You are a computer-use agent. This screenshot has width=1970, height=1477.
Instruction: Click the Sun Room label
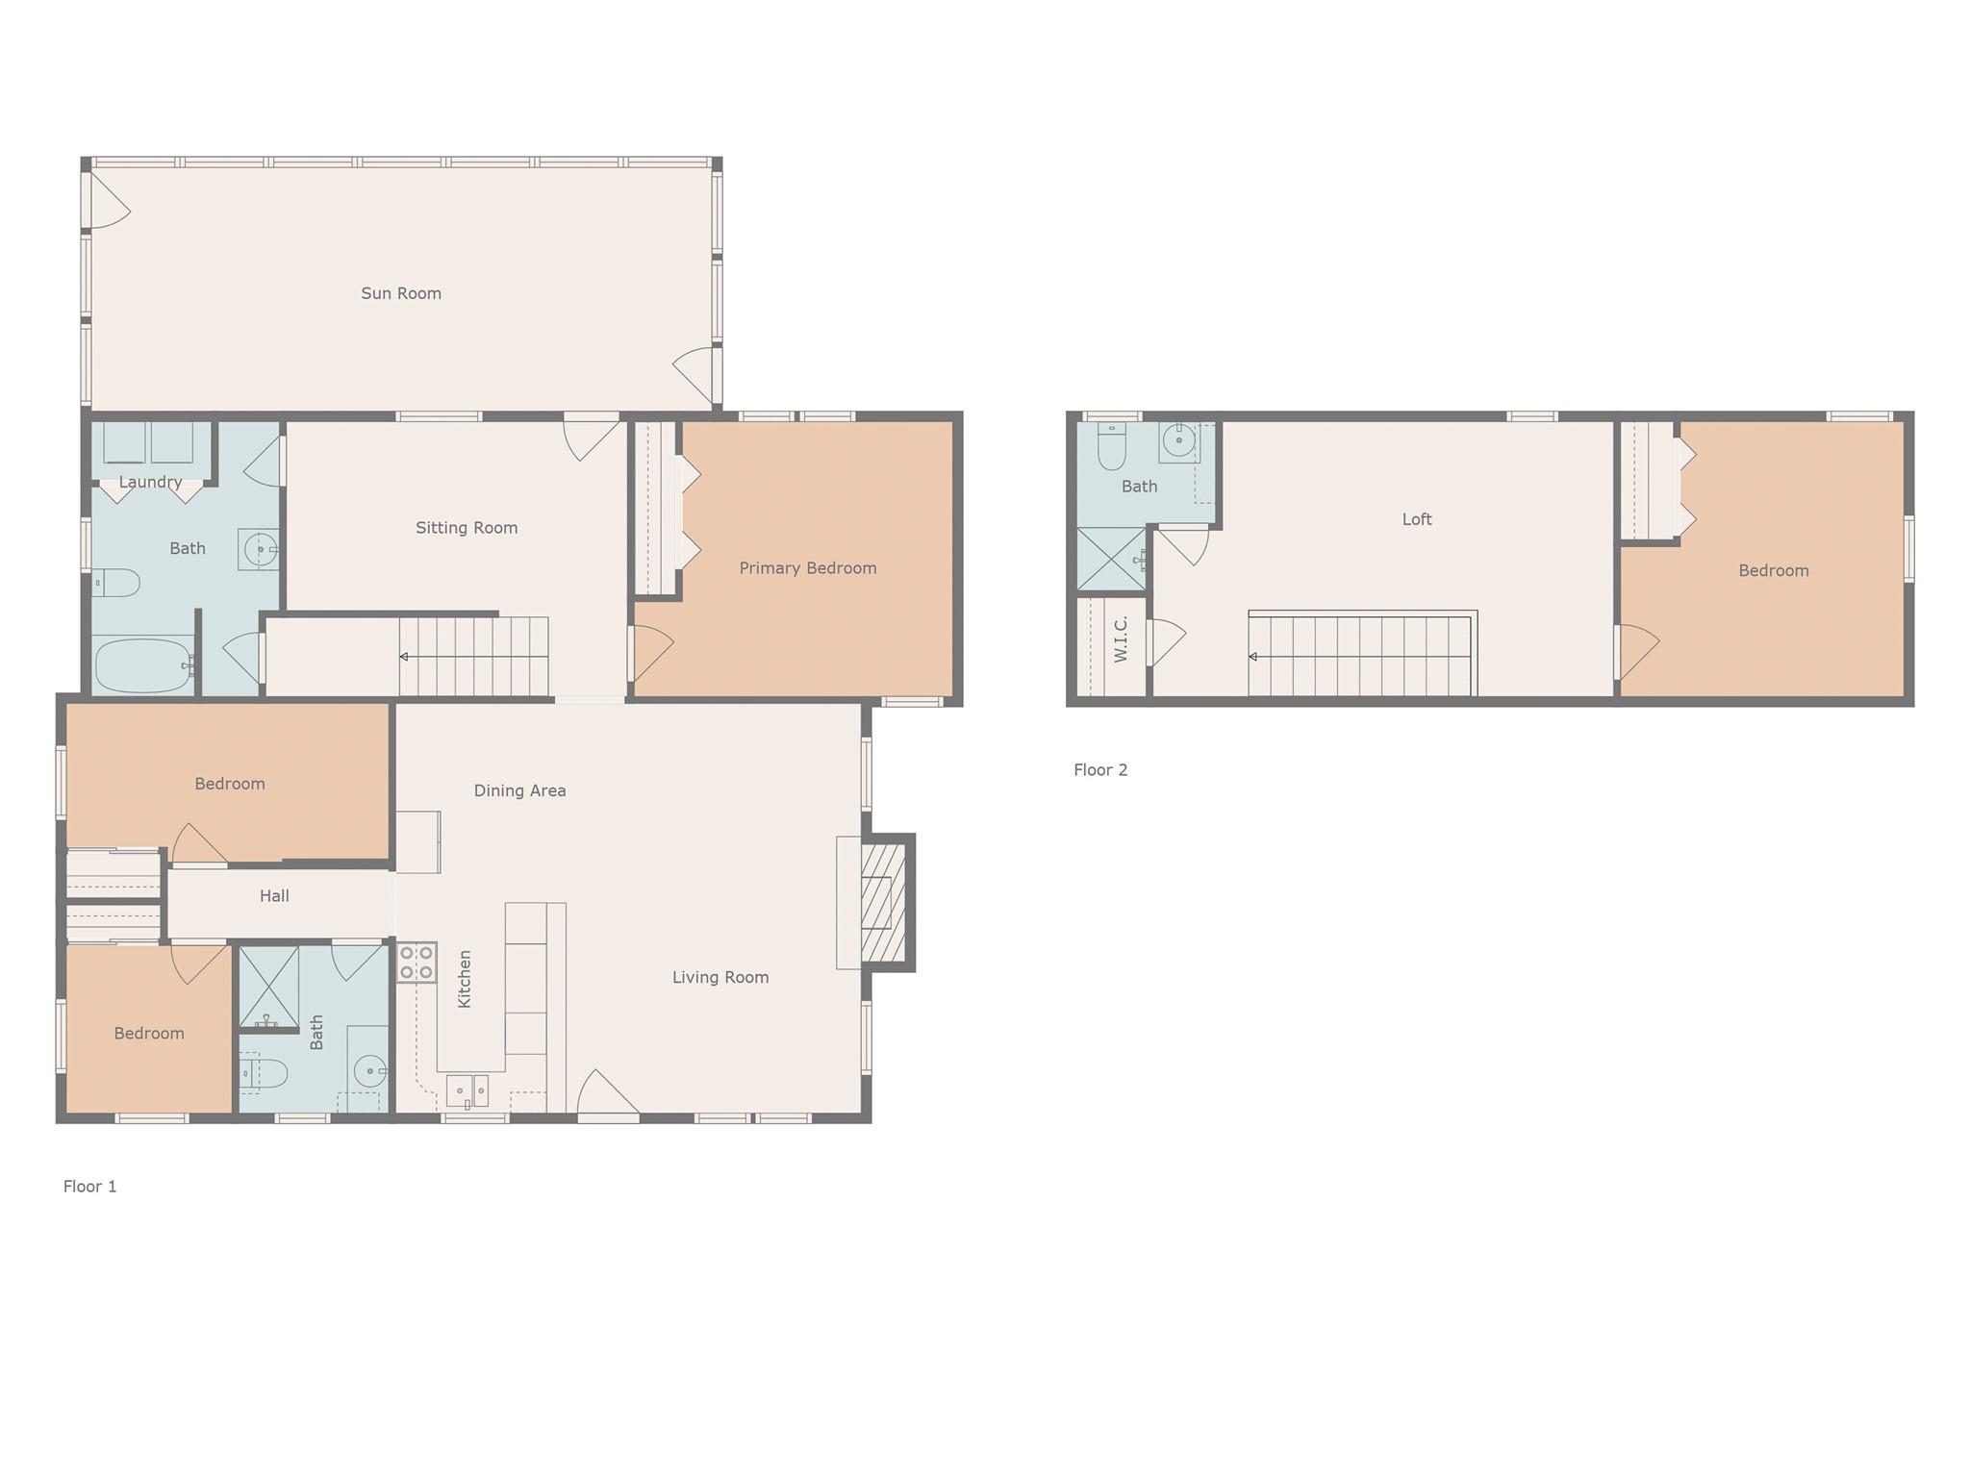[401, 293]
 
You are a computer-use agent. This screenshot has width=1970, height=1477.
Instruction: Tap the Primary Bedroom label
[807, 568]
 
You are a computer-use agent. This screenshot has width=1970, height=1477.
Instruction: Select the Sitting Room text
[467, 528]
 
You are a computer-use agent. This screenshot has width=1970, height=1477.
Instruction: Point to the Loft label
[1416, 519]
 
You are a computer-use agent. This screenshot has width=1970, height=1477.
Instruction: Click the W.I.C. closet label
[1120, 639]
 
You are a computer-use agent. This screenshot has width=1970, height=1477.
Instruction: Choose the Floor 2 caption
[1100, 769]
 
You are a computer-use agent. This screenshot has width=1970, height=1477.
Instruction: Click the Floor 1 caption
[89, 1187]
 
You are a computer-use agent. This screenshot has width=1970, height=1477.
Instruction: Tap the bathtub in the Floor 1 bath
[142, 665]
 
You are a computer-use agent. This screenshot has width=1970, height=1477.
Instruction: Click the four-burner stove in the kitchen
[417, 963]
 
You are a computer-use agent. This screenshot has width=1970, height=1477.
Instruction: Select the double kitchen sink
[467, 1091]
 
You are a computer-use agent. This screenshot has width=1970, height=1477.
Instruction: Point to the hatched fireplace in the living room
[883, 902]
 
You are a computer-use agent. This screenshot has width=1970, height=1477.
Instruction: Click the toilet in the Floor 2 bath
[1111, 445]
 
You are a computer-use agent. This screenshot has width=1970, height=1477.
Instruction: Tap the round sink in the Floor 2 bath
[1178, 441]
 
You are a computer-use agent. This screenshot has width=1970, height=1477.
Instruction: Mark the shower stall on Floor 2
[1110, 559]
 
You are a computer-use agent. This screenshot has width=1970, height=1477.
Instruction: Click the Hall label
[274, 896]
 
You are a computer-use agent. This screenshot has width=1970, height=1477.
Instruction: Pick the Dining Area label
[519, 790]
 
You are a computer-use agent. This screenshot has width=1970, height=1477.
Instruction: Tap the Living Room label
[720, 977]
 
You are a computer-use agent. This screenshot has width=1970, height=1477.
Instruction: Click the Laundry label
[150, 482]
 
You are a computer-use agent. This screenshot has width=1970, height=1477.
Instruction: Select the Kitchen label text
[465, 979]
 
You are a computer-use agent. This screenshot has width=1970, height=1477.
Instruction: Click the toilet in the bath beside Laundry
[116, 583]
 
